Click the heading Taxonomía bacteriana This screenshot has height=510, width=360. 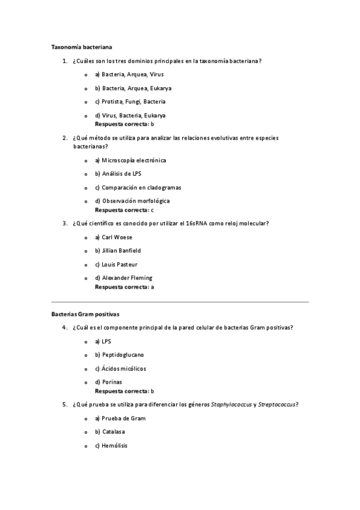point(81,47)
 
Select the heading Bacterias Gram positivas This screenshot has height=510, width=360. point(85,314)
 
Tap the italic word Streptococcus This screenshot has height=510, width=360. point(276,405)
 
